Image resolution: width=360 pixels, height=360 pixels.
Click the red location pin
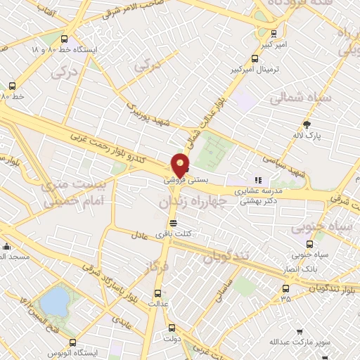pos(181,166)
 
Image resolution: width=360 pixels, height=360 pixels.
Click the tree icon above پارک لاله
pos(305,123)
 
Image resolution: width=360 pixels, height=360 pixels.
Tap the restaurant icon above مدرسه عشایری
pos(257,180)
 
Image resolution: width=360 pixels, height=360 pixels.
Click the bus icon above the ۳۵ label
pos(285,288)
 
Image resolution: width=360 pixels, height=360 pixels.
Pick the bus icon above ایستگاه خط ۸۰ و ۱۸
pos(65,39)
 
